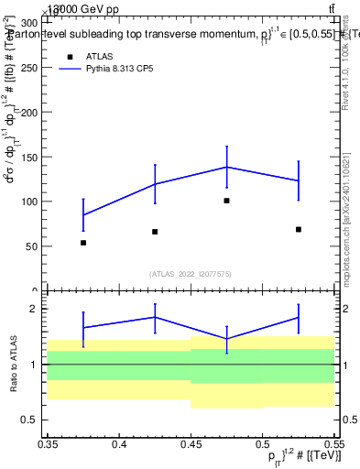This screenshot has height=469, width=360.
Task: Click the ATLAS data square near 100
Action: coord(226,201)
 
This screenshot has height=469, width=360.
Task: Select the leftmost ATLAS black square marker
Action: coord(83,243)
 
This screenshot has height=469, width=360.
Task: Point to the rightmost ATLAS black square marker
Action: coord(299,229)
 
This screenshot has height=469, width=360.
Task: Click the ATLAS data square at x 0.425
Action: coord(155,232)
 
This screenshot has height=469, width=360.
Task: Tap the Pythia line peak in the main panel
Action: coord(226,167)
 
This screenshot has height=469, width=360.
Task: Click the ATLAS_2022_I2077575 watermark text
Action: coord(191,273)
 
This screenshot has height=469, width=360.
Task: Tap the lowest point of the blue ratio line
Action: coord(226,339)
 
